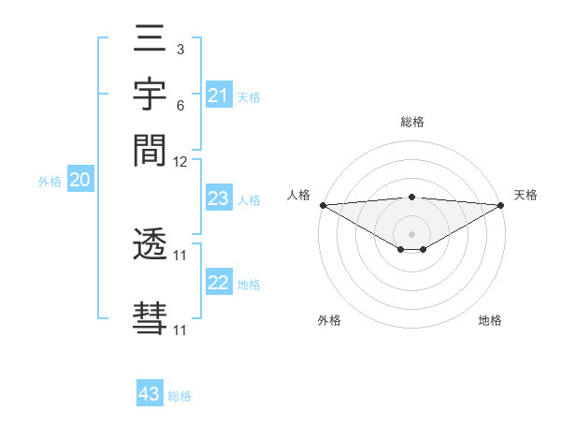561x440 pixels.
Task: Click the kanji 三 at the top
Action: (151, 40)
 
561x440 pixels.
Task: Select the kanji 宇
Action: (151, 95)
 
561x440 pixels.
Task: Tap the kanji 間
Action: (151, 149)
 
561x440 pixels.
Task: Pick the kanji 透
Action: (151, 246)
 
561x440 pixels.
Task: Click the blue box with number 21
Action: (218, 95)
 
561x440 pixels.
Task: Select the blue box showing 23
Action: (218, 198)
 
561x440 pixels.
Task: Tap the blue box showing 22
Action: (218, 283)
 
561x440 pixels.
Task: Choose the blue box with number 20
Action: (79, 181)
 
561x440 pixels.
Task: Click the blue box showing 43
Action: (149, 394)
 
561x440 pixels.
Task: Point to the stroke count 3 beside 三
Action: (180, 47)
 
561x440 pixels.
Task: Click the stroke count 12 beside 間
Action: (180, 161)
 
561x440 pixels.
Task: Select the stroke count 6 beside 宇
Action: (180, 106)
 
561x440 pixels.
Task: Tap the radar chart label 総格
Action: (412, 122)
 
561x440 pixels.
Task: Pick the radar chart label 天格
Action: (525, 195)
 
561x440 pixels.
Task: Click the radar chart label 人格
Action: (298, 195)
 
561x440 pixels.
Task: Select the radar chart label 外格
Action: (329, 320)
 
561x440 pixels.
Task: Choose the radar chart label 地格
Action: (490, 320)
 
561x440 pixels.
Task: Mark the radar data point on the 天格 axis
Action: (502, 204)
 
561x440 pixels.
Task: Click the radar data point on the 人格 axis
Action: (323, 204)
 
